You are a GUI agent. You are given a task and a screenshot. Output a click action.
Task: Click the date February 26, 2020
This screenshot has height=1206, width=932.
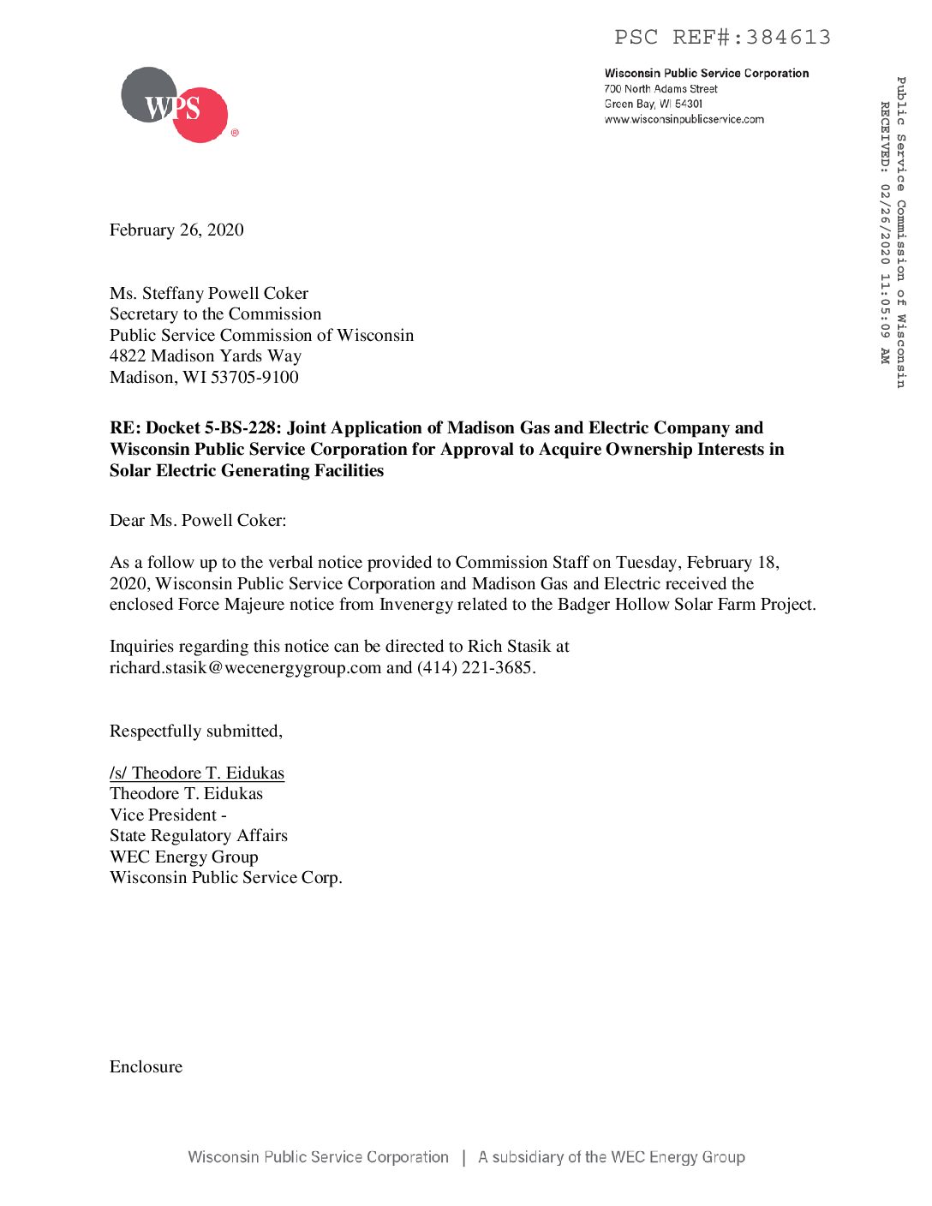176,230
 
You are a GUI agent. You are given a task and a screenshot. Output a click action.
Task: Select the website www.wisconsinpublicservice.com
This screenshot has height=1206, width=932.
684,120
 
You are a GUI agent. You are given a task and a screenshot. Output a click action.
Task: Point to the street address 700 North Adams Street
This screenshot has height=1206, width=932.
660,89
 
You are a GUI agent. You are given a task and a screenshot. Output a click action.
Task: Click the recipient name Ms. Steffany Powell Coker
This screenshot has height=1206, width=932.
209,293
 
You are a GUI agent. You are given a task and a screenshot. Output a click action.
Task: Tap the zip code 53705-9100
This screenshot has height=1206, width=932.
254,377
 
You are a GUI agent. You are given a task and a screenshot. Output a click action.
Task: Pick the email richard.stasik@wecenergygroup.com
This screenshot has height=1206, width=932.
245,667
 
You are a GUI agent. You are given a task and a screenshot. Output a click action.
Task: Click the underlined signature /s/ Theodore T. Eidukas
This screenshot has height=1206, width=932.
197,773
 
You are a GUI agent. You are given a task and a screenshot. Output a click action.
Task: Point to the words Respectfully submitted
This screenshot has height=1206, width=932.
195,731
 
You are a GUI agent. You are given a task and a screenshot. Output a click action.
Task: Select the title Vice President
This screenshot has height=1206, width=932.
163,815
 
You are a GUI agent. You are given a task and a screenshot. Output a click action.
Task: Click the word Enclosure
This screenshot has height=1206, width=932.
146,1066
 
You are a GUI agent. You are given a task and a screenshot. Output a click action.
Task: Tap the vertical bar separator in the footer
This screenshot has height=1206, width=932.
464,1157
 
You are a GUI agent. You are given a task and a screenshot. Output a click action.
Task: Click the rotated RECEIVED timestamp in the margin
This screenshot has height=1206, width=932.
885,231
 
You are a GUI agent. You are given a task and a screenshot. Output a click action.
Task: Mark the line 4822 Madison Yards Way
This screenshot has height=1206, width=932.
206,355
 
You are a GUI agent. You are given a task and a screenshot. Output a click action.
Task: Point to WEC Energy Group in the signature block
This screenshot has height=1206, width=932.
183,857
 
